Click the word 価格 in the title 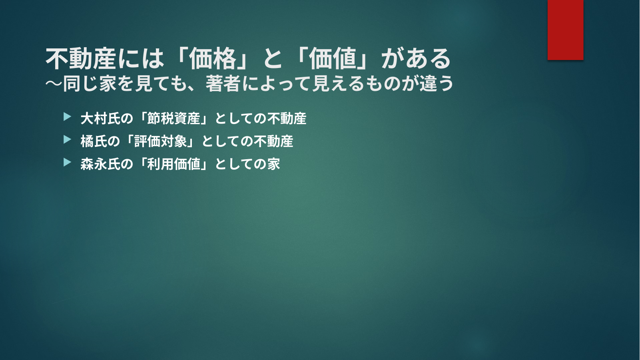click(213, 59)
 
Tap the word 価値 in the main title click(333, 59)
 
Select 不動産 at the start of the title click(81, 59)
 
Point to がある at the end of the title click(416, 59)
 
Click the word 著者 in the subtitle click(223, 84)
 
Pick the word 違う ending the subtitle click(436, 84)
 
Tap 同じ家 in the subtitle click(89, 84)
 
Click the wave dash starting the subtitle click(54, 84)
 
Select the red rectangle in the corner click(565, 30)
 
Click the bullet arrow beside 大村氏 click(68, 117)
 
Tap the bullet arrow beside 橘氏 click(68, 140)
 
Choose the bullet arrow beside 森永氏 click(68, 162)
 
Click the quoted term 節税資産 click(173, 118)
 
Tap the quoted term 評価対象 click(160, 141)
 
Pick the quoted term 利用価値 click(173, 164)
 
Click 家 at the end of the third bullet click(273, 164)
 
